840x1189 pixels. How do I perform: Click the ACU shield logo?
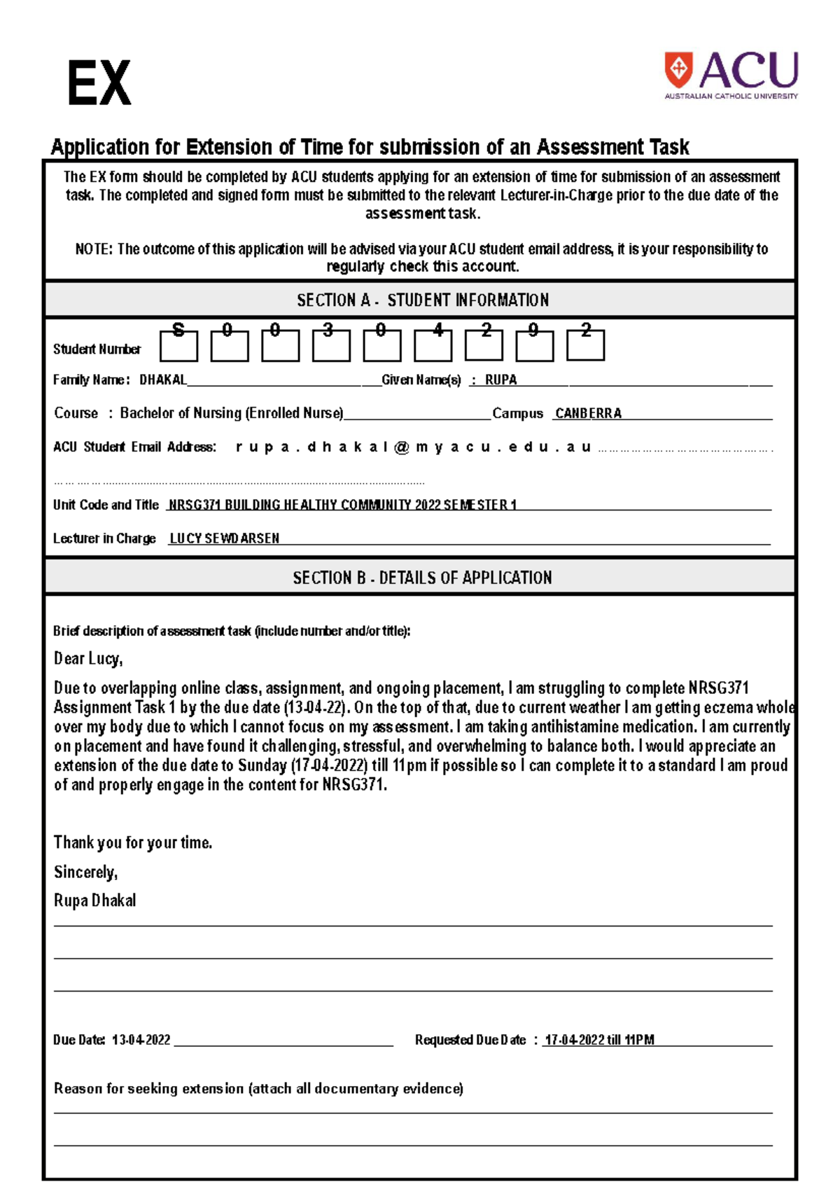[678, 69]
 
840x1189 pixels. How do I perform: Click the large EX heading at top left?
[99, 83]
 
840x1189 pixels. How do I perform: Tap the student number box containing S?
[178, 345]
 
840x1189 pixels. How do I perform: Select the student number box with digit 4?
[433, 345]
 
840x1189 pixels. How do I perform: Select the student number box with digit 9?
[534, 345]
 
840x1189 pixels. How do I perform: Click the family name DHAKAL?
[162, 380]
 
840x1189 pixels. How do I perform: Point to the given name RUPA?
[500, 380]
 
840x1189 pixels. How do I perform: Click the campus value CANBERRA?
[588, 414]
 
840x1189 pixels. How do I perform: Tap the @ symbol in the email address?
[401, 447]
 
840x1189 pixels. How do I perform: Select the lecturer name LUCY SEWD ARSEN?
[224, 538]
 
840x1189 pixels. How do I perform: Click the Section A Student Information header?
[422, 300]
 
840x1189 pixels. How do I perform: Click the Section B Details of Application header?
[422, 578]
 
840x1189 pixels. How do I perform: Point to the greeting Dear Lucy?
[88, 659]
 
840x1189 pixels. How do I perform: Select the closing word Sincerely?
[85, 872]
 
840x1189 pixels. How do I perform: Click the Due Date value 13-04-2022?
[141, 1040]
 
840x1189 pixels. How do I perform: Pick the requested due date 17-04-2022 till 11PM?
[599, 1040]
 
